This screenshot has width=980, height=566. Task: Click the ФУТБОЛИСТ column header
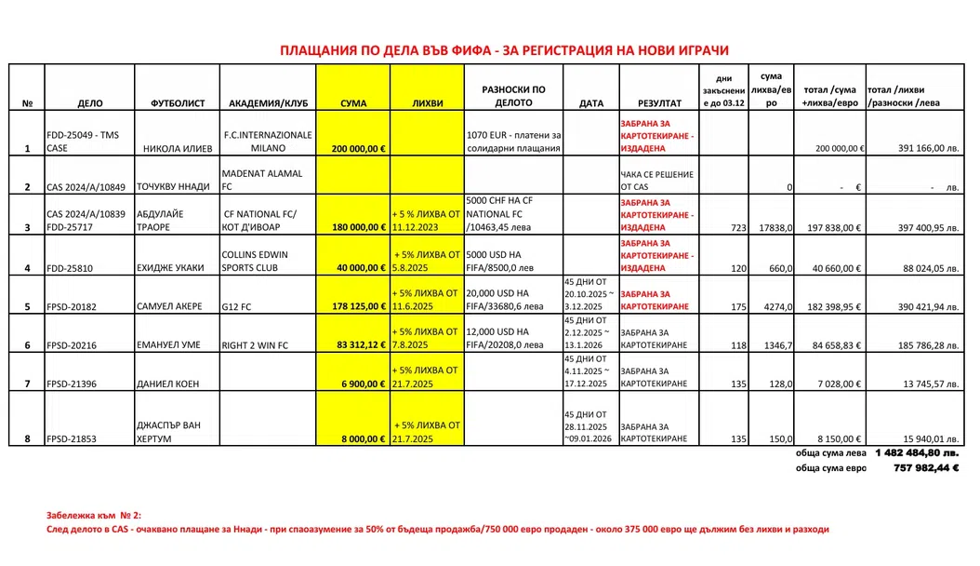pyautogui.click(x=177, y=102)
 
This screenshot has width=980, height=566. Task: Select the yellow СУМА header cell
pyautogui.click(x=353, y=102)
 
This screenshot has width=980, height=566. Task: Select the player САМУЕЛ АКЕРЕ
pyautogui.click(x=170, y=305)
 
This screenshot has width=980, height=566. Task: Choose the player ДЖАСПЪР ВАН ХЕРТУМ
pyautogui.click(x=169, y=432)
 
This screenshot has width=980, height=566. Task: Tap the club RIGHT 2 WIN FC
pyautogui.click(x=255, y=345)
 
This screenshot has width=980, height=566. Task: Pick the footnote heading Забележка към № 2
pyautogui.click(x=94, y=515)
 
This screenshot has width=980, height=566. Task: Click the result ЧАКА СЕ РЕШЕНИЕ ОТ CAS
pyautogui.click(x=656, y=181)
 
